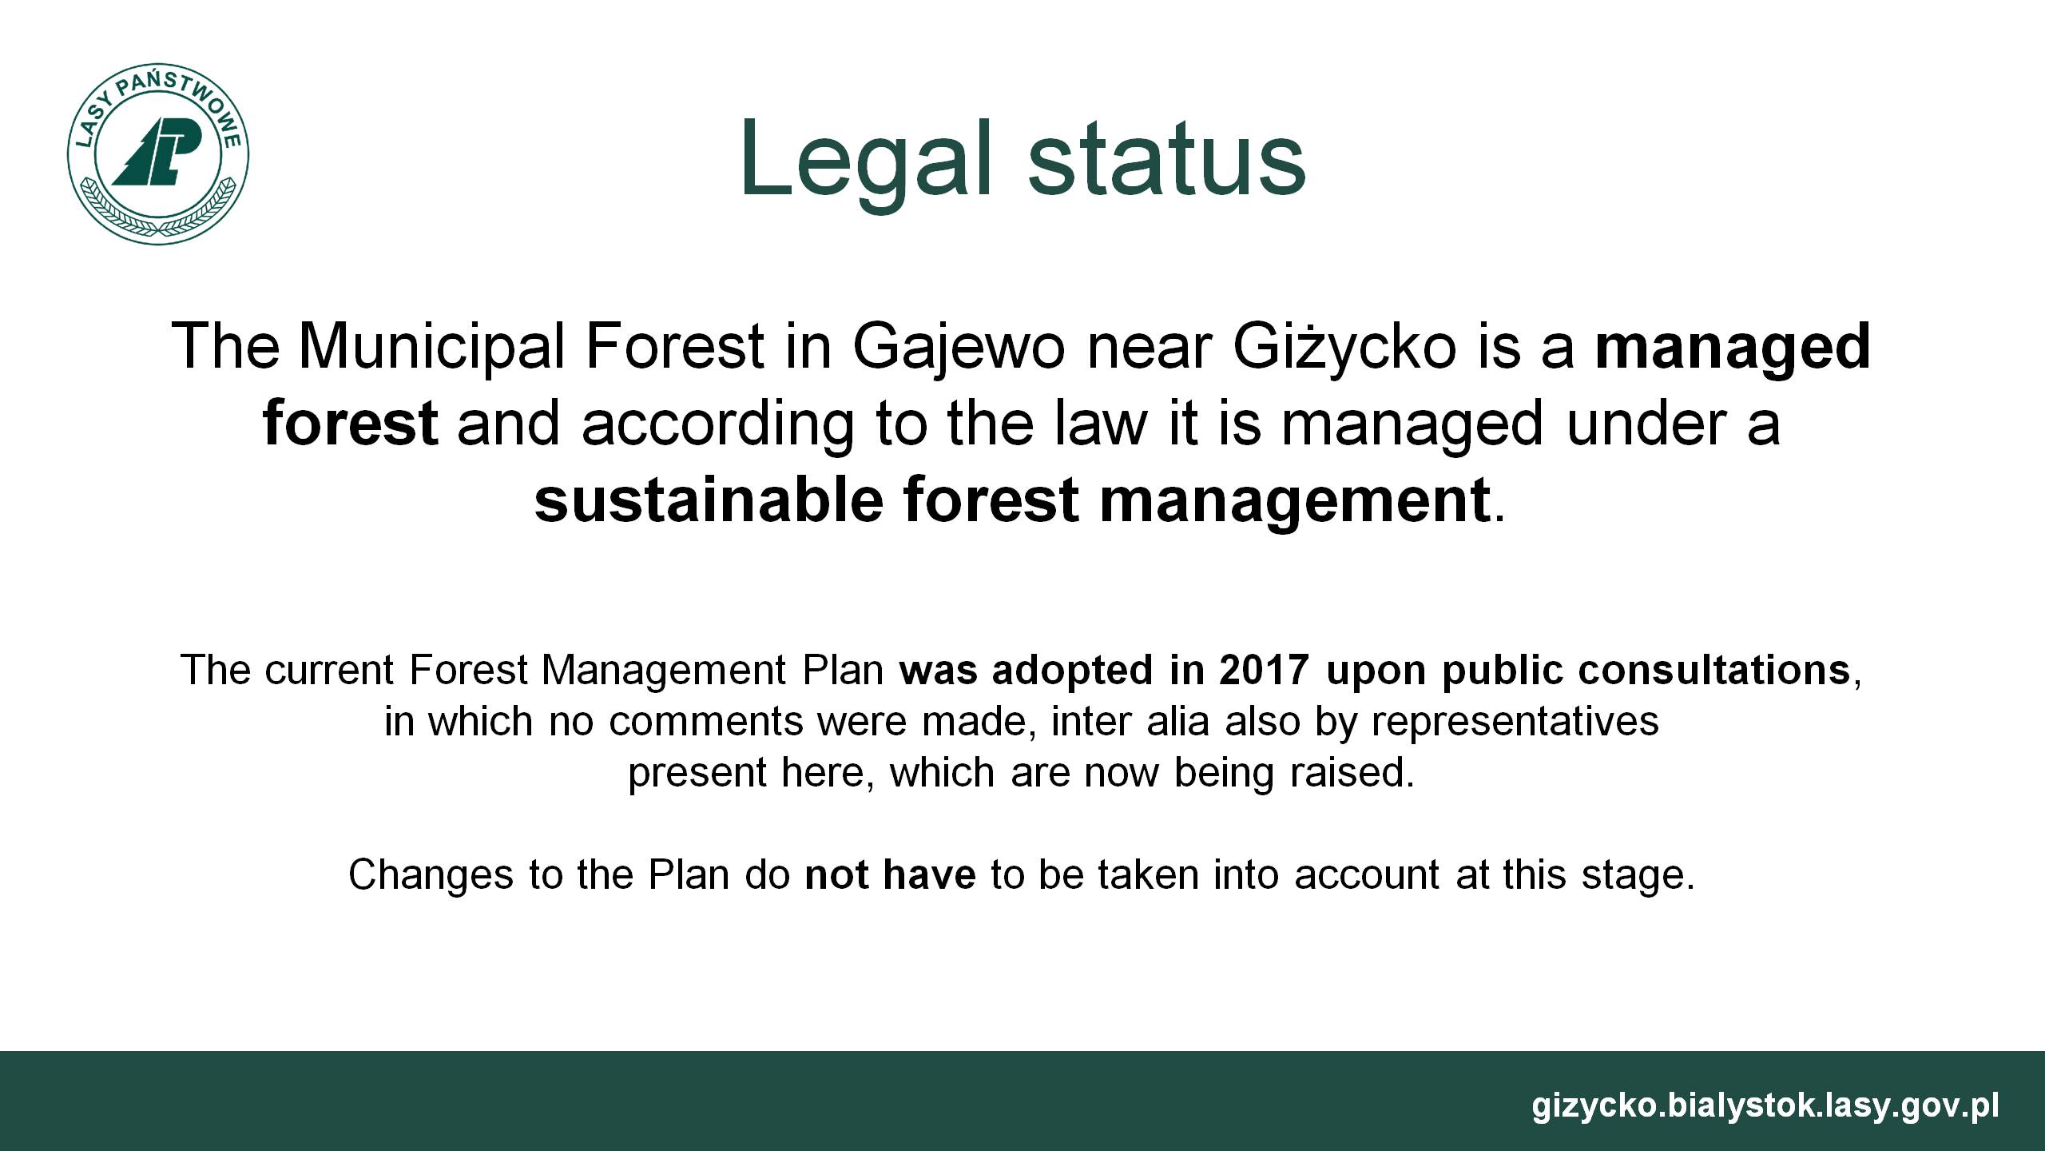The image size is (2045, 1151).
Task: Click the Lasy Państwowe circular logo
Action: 158,153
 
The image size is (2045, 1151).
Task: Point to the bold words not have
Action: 890,874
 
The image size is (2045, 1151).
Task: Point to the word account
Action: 1364,875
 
